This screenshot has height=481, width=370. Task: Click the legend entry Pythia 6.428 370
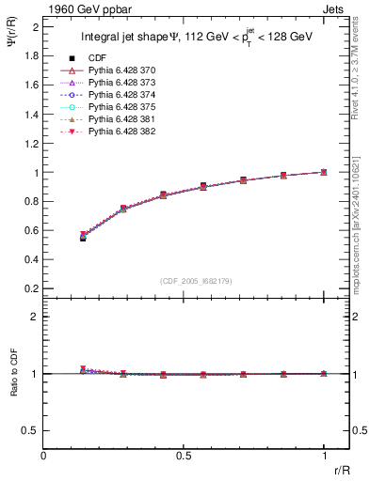pos(117,71)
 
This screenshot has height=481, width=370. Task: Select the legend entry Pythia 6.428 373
pos(117,84)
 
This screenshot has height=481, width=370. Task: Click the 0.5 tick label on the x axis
pos(184,456)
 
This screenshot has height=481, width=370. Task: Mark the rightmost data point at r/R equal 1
pos(324,172)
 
